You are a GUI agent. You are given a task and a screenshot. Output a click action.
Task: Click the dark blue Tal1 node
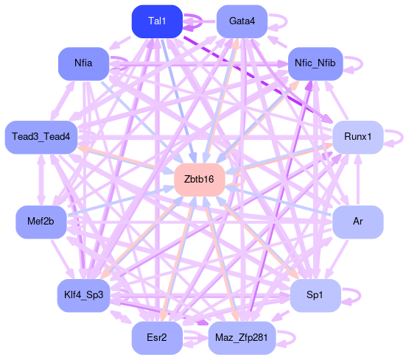[157, 21]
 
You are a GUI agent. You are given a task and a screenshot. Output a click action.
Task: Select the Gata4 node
[242, 21]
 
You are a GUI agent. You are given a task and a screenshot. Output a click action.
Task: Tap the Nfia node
[83, 63]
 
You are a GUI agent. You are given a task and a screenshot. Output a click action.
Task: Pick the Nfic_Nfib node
[315, 63]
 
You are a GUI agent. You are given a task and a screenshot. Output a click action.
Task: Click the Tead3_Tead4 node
[41, 137]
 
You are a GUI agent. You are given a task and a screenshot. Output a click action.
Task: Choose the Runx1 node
[357, 137]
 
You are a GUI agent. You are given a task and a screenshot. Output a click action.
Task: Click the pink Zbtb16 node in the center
[200, 180]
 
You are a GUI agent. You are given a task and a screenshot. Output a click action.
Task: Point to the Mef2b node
[41, 222]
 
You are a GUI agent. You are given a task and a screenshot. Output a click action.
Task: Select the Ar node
[357, 222]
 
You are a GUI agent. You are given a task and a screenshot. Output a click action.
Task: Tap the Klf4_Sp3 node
[83, 295]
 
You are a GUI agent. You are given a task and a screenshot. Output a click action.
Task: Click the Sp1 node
[315, 295]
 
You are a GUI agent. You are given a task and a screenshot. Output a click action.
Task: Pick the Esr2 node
[157, 338]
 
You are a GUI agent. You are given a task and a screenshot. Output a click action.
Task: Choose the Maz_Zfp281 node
[242, 338]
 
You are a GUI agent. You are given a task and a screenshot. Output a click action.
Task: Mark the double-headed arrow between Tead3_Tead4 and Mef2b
[41, 180]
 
